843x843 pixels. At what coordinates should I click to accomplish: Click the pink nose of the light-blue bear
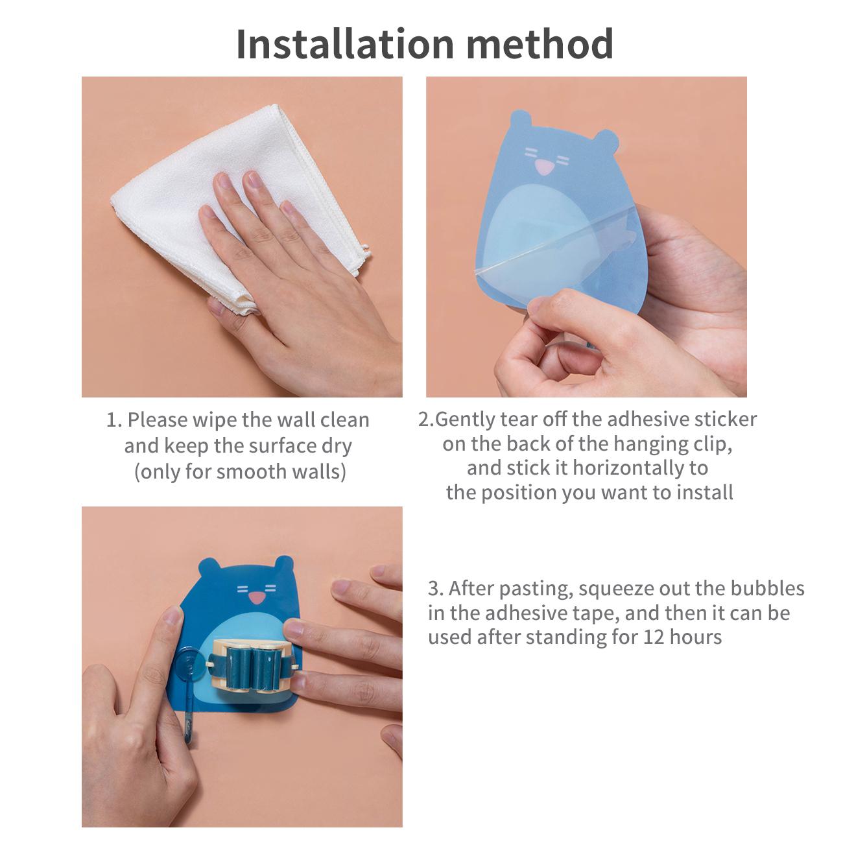544,167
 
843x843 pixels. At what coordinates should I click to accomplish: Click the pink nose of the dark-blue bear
257,598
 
